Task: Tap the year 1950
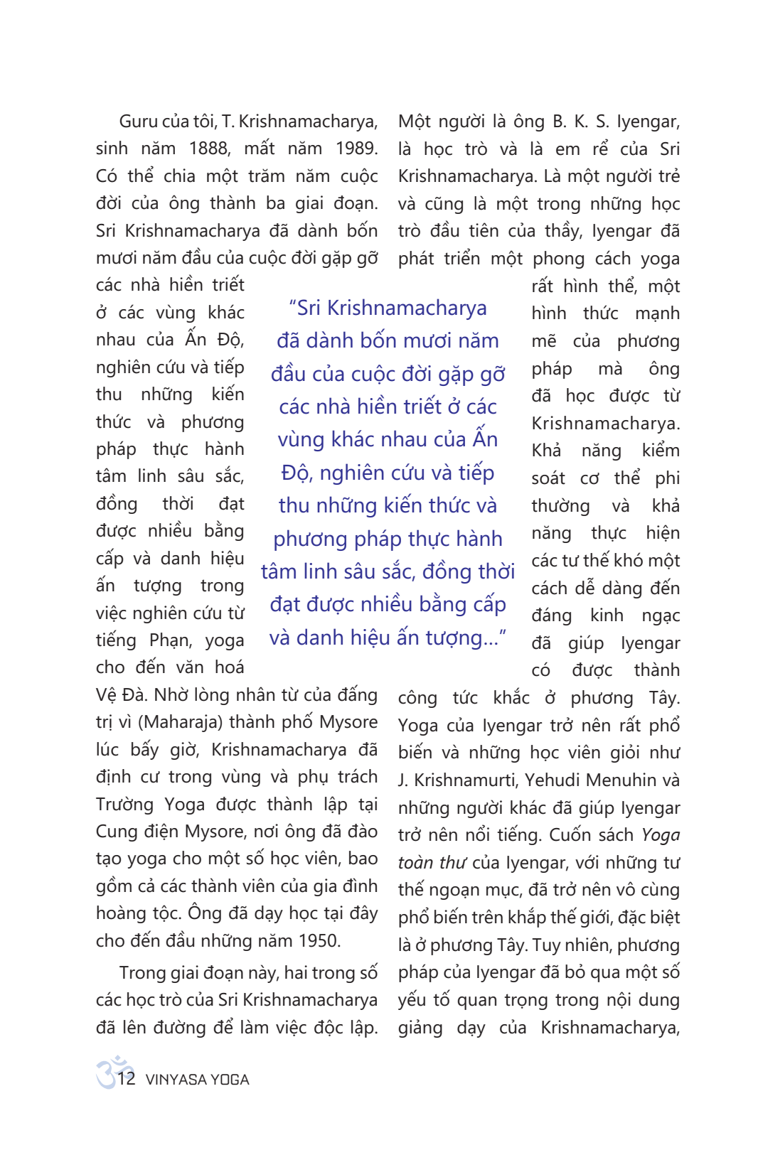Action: point(318,941)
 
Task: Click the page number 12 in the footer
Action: point(127,1078)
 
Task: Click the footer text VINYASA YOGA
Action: point(197,1080)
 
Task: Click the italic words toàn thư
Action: point(432,863)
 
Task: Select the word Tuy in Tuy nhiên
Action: point(546,945)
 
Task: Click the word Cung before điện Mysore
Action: point(117,832)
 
